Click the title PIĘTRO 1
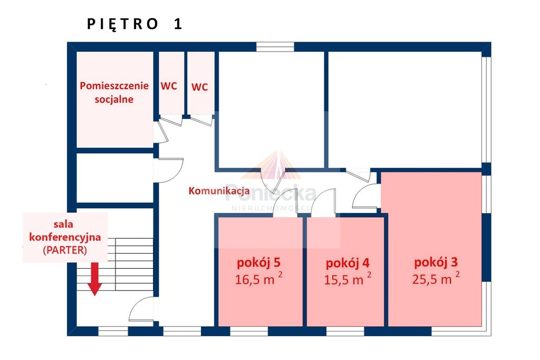(x=134, y=24)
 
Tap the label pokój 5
(x=258, y=263)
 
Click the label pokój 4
(x=348, y=264)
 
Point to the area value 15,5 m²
(x=348, y=279)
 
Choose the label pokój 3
(x=436, y=262)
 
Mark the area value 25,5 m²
(x=436, y=278)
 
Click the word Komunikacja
(x=219, y=191)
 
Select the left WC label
(x=169, y=86)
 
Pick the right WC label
(x=200, y=87)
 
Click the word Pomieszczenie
(x=114, y=86)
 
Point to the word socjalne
(x=114, y=100)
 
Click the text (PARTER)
(x=65, y=250)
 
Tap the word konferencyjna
(x=65, y=237)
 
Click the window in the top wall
(x=275, y=47)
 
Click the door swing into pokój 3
(x=366, y=196)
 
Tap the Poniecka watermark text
(x=271, y=194)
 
